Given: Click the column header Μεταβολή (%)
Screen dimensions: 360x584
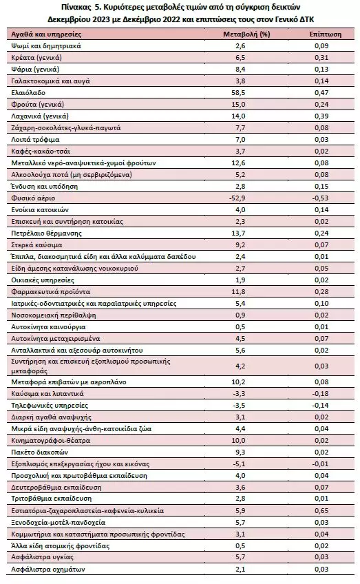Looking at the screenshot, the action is point(246,34).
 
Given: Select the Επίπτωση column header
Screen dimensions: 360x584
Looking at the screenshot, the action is point(326,34).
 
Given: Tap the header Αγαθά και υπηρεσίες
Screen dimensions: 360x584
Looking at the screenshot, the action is point(46,34).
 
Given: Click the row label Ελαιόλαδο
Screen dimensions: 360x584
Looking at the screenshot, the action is point(28,92).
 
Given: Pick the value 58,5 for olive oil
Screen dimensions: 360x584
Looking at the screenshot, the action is point(238,92).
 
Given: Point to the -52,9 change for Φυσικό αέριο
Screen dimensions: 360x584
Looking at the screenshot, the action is point(237,198).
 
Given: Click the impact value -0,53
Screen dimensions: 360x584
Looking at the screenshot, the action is point(320,198).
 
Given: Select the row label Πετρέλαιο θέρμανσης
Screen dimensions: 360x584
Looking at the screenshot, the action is point(47,233).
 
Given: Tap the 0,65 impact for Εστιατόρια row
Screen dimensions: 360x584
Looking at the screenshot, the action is point(321,510).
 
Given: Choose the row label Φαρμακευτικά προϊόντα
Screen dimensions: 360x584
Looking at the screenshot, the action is point(51,291).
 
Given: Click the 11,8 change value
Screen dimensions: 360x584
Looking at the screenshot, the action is point(238,291).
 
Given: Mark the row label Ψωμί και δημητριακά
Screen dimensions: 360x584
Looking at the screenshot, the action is point(46,46).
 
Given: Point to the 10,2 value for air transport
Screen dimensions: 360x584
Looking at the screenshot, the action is point(238,382).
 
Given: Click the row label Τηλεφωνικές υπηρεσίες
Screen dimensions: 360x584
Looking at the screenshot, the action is point(50,405).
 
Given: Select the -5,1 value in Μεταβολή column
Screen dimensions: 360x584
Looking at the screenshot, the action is point(239,463).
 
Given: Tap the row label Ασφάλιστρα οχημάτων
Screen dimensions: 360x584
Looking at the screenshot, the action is point(48,569).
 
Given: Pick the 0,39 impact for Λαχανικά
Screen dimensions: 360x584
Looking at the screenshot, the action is point(321,116).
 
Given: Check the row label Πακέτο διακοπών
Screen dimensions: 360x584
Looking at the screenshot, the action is point(39,452).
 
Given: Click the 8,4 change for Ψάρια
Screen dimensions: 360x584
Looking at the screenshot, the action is point(240,69).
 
